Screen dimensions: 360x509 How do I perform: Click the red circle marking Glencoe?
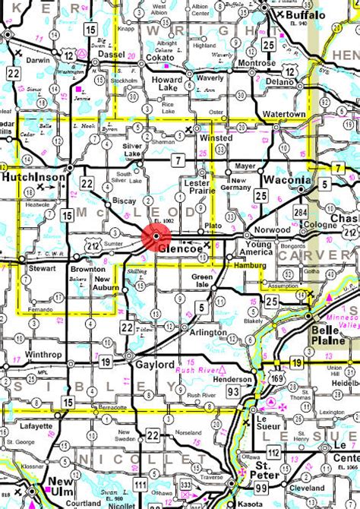(156, 238)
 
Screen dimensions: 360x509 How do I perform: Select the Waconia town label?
(287, 180)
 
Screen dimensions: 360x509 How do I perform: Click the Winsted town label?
(216, 140)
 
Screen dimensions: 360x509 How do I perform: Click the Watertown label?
(284, 114)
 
